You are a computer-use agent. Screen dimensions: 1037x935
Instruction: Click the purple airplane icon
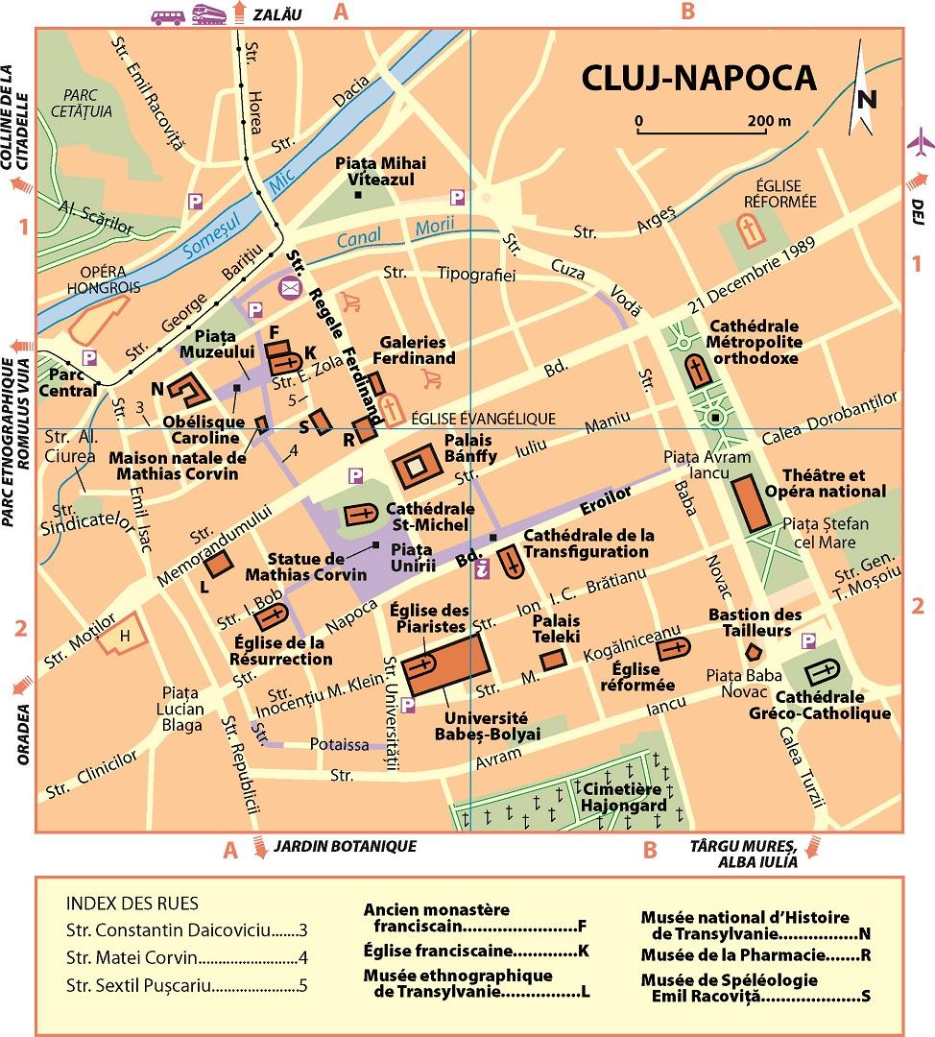click(x=920, y=142)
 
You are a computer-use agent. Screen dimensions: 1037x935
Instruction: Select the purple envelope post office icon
click(x=289, y=286)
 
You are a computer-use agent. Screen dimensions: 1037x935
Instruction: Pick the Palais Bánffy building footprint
click(x=416, y=467)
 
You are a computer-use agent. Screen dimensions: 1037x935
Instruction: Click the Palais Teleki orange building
click(x=551, y=661)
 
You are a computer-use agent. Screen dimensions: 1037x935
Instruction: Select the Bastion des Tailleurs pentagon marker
click(x=754, y=652)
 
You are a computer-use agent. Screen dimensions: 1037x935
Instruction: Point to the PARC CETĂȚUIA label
click(x=84, y=103)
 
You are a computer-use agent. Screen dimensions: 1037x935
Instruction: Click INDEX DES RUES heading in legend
click(x=132, y=904)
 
